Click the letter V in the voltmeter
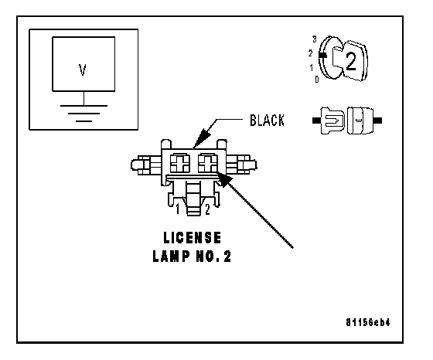(83, 70)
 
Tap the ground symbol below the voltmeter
(84, 113)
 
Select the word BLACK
(267, 121)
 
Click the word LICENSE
(193, 238)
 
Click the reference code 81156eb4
(368, 322)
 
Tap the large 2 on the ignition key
(351, 62)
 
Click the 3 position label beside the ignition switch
(315, 39)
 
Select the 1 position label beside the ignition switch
(312, 67)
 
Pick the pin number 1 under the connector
(178, 209)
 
